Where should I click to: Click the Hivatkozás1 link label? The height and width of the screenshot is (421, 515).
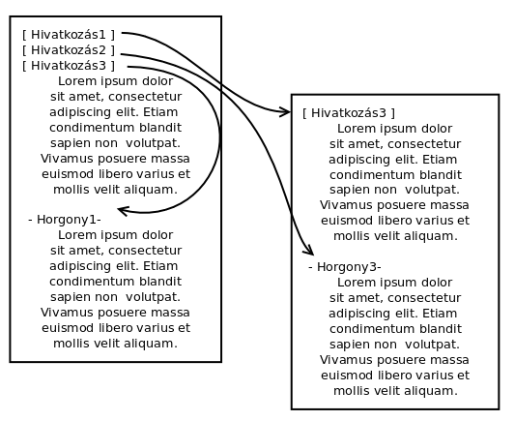click(x=69, y=35)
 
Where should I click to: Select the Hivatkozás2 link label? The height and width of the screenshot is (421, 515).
click(x=69, y=50)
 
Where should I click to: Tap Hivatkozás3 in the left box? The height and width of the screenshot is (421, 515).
click(x=69, y=66)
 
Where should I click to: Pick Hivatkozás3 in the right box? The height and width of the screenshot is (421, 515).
click(x=349, y=113)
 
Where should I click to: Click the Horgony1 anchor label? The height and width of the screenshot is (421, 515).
click(x=65, y=220)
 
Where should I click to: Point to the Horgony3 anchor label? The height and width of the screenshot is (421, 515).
click(x=345, y=267)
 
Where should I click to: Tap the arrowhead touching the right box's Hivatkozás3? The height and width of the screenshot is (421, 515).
click(x=285, y=112)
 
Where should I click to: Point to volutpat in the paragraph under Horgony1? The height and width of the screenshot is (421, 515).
click(x=153, y=297)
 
